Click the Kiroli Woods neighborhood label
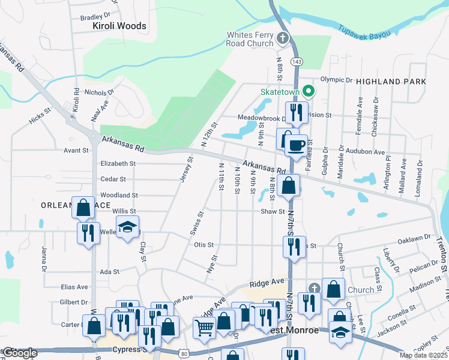tap(119, 26)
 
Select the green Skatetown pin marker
tap(309, 92)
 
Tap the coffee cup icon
tap(296, 146)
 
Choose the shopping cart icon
tap(204, 327)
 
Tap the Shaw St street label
tap(272, 211)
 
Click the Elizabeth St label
tap(118, 163)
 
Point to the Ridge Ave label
tap(267, 281)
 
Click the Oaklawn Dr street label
tap(414, 238)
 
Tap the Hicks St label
tap(41, 116)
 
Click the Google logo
tap(19, 353)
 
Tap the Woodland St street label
tap(119, 195)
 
